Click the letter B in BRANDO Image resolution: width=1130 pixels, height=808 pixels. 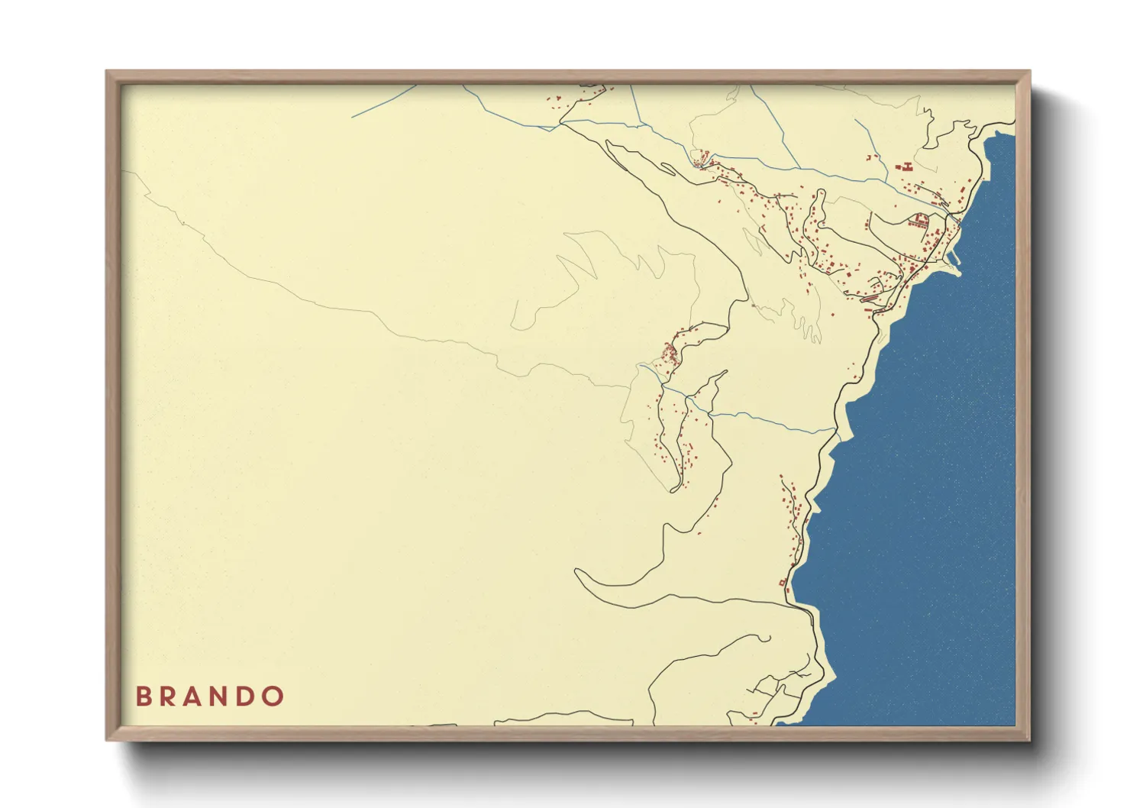click(143, 696)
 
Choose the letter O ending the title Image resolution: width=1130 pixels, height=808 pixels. click(273, 696)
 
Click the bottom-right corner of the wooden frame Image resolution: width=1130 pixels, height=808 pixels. click(1028, 739)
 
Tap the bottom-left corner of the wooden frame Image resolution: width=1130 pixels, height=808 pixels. click(108, 739)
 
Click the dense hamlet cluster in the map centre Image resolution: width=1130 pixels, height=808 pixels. click(670, 354)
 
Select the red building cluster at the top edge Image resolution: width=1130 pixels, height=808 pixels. click(555, 102)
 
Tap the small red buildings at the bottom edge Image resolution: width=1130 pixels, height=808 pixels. click(754, 716)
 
